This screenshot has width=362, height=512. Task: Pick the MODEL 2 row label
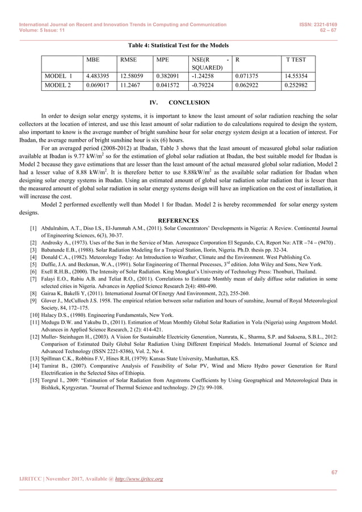coord(58,86)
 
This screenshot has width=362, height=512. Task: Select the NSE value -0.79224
coord(204,86)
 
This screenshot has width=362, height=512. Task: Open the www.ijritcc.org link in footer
coord(139,479)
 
